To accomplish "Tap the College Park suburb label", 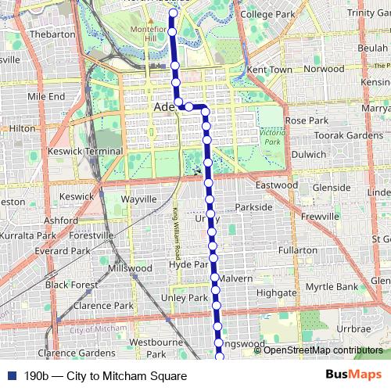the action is (x=267, y=14).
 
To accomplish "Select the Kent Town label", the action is (x=269, y=70).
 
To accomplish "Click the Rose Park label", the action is (x=307, y=121).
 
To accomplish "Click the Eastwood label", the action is (x=277, y=185).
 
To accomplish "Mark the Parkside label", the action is (x=253, y=207).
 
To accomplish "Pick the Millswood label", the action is (x=131, y=267).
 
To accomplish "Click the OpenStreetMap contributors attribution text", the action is (x=323, y=350).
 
